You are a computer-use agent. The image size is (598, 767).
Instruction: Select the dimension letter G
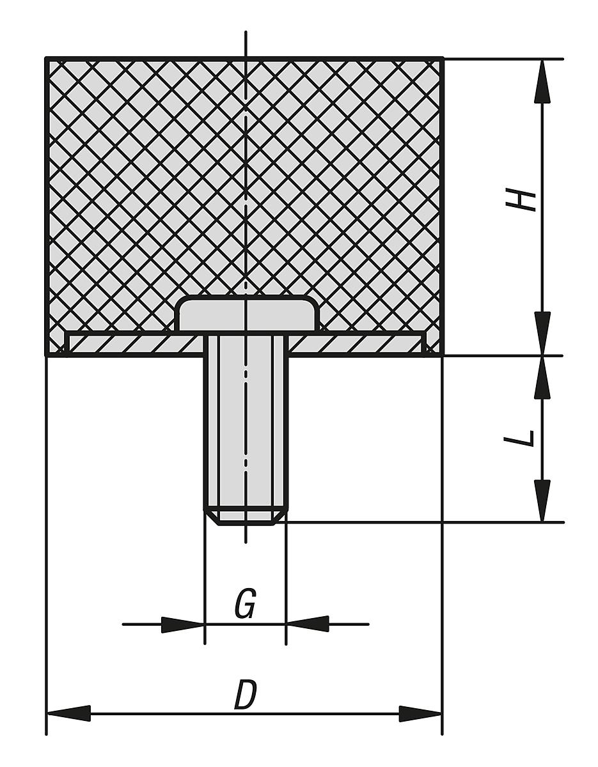tap(245, 604)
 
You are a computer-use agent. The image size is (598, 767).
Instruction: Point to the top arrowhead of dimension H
tap(542, 80)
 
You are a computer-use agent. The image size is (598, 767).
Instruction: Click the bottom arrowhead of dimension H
tap(542, 334)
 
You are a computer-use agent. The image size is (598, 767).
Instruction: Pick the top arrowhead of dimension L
tap(542, 377)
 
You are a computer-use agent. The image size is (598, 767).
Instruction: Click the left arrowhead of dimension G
tap(182, 624)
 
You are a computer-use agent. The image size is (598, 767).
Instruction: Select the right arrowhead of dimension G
tap(308, 624)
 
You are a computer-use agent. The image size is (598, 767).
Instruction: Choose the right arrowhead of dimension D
tap(420, 713)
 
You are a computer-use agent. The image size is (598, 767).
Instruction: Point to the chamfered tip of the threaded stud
tap(246, 517)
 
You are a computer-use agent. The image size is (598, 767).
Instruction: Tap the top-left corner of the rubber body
tap(47, 59)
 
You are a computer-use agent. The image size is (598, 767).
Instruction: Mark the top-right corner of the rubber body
tap(443, 59)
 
